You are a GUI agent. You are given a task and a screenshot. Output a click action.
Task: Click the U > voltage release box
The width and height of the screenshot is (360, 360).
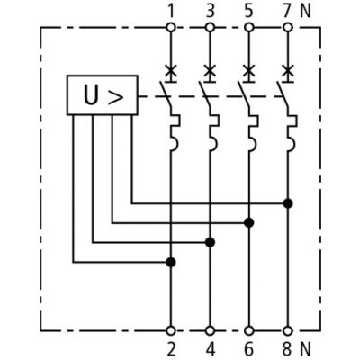[x=103, y=95]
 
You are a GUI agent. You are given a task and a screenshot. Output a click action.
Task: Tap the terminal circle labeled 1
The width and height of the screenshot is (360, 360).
[x=171, y=28]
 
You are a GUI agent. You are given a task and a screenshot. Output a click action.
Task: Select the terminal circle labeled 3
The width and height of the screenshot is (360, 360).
[x=210, y=28]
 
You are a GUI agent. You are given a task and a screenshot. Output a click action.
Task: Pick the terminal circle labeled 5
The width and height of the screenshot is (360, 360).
[x=249, y=28]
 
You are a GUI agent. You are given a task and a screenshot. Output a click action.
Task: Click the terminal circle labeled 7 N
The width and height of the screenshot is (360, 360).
[x=288, y=28]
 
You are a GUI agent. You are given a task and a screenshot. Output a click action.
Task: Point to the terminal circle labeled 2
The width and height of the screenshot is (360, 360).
[x=171, y=331]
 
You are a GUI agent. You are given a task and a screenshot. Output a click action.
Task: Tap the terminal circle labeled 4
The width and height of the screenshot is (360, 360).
[x=210, y=331]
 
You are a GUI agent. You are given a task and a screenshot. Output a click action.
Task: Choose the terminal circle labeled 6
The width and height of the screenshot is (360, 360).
[x=249, y=331]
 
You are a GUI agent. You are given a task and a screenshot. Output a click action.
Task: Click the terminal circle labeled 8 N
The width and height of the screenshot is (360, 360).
[x=288, y=331]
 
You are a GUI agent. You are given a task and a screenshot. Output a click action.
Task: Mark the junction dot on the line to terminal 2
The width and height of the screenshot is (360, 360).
[x=171, y=262]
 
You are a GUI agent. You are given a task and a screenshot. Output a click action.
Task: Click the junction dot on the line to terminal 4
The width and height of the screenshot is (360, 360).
[x=210, y=242]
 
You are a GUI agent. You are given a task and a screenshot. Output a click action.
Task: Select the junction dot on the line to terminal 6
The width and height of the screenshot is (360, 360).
[x=249, y=223]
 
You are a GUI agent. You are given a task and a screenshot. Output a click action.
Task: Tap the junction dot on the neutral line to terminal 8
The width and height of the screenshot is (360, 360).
[x=288, y=203]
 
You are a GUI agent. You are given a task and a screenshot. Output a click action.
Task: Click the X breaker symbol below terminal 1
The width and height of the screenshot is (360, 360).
[x=171, y=72]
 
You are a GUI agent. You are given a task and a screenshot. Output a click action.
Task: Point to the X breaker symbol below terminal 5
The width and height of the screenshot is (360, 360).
[x=249, y=72]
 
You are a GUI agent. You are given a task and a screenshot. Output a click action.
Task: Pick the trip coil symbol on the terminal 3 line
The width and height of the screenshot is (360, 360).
[x=214, y=132]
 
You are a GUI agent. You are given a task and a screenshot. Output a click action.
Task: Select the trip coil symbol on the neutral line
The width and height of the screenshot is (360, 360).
[x=292, y=132]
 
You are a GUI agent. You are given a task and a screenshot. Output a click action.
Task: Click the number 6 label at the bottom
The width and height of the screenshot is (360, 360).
[x=249, y=349]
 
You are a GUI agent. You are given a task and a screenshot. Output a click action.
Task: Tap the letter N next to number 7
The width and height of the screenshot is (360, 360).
[x=305, y=12]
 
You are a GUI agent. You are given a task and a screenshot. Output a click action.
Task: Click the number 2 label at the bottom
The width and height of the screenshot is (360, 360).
[x=171, y=349]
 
